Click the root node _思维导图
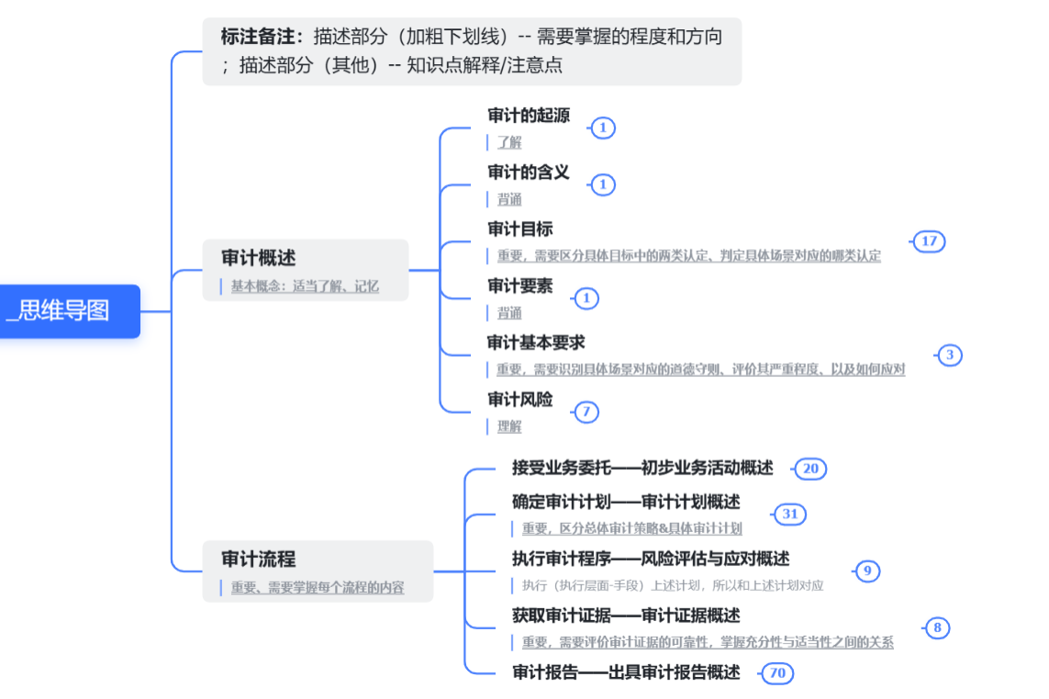coord(63,311)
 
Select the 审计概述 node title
coord(259,259)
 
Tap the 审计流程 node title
coord(259,560)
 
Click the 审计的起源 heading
coord(529,116)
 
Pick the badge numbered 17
coord(929,241)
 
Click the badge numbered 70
coord(777,673)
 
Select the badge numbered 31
coord(790,515)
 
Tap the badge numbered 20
coord(810,469)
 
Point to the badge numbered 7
coord(586,412)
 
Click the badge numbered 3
coord(950,355)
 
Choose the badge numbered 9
coord(867,571)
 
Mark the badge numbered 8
coord(937,627)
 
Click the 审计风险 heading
coord(520,400)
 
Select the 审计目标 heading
coord(520,229)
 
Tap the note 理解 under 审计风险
coord(509,427)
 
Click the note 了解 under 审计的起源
coord(509,142)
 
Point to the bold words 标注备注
coord(261,37)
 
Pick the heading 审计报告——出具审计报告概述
coord(626,672)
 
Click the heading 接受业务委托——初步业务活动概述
coord(642,468)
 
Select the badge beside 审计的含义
coord(603,184)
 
